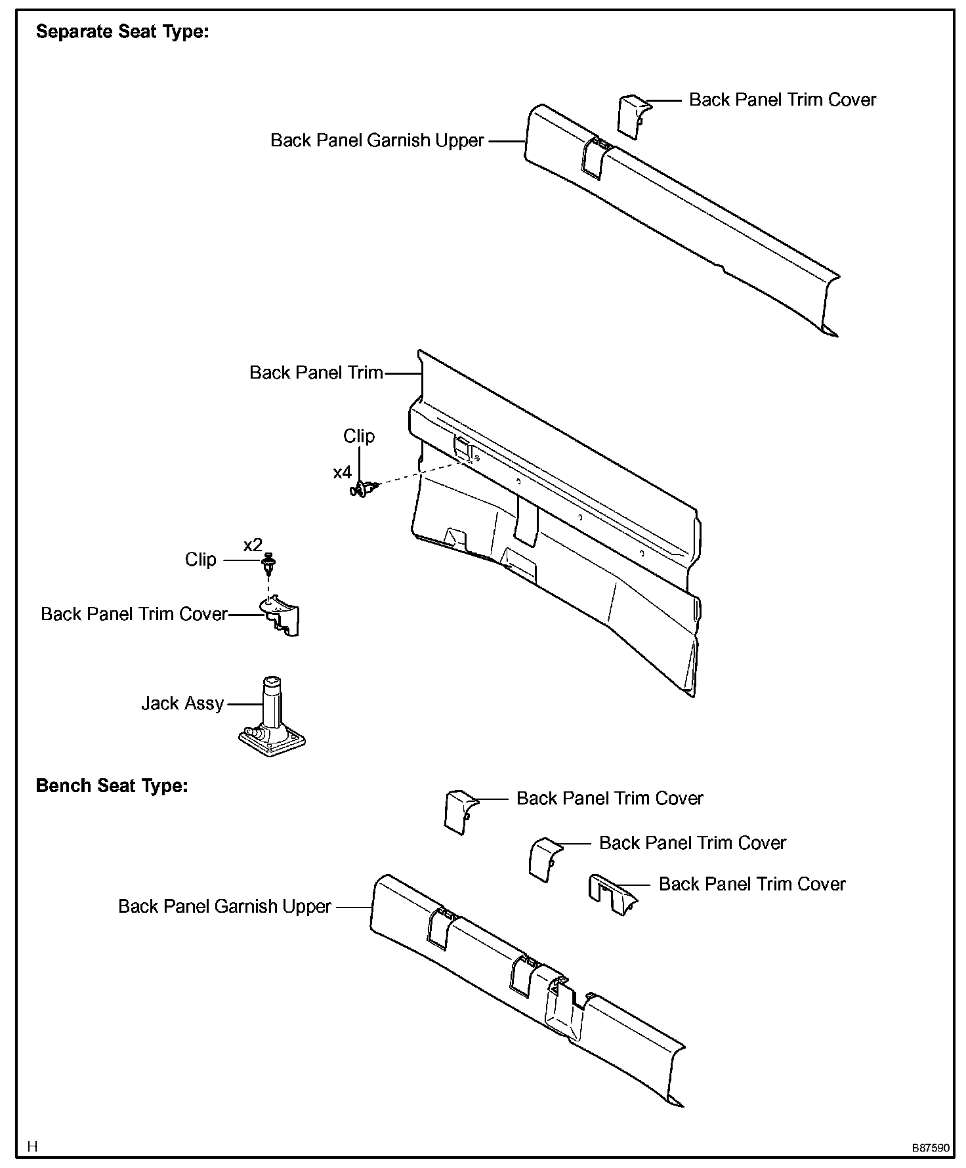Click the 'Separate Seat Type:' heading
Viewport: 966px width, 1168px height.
122,31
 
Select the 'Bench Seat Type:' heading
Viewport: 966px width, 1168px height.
112,785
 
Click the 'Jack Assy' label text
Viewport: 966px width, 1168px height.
182,703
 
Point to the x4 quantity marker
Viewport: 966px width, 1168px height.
342,472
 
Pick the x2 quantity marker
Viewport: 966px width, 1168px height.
253,545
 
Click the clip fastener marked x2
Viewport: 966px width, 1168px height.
269,562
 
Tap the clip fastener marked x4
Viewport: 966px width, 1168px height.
364,488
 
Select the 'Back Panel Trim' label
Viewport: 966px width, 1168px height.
316,373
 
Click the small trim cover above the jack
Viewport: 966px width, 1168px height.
282,615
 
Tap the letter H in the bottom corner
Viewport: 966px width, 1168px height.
32,1147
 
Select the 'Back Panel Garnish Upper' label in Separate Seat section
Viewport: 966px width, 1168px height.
377,140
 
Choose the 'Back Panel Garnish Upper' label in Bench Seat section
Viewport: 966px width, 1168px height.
224,906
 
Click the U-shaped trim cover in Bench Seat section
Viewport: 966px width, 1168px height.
611,894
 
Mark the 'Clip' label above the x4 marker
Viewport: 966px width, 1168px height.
359,436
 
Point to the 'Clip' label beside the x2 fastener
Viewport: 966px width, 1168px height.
200,560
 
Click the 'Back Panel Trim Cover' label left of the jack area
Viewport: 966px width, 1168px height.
134,614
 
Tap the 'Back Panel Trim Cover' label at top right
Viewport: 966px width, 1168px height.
782,100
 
